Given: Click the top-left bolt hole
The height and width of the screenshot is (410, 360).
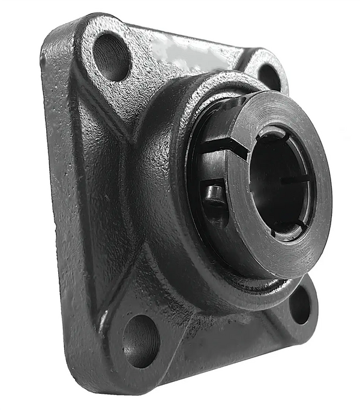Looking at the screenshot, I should coord(112,56).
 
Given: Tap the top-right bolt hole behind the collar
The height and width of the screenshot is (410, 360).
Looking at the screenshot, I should coord(269,77).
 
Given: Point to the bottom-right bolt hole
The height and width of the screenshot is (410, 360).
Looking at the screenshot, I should coord(299,305).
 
